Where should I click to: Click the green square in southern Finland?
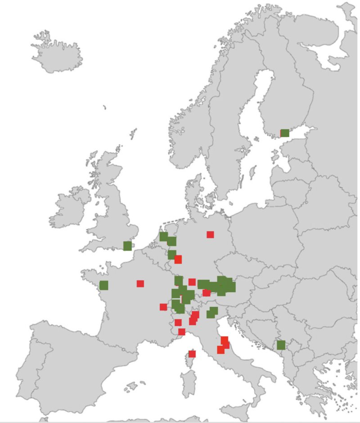click(285, 133)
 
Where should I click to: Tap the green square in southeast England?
click(127, 246)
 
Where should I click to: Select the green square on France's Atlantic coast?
click(104, 285)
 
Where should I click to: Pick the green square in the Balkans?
click(281, 345)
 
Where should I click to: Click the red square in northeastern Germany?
click(210, 234)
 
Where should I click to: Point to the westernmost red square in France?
click(140, 283)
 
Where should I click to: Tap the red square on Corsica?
click(192, 354)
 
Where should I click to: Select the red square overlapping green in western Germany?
click(178, 259)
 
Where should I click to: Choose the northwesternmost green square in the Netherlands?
click(163, 236)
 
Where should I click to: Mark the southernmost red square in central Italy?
click(220, 350)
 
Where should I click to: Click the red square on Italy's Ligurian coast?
click(182, 332)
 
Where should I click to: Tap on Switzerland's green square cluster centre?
click(183, 297)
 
